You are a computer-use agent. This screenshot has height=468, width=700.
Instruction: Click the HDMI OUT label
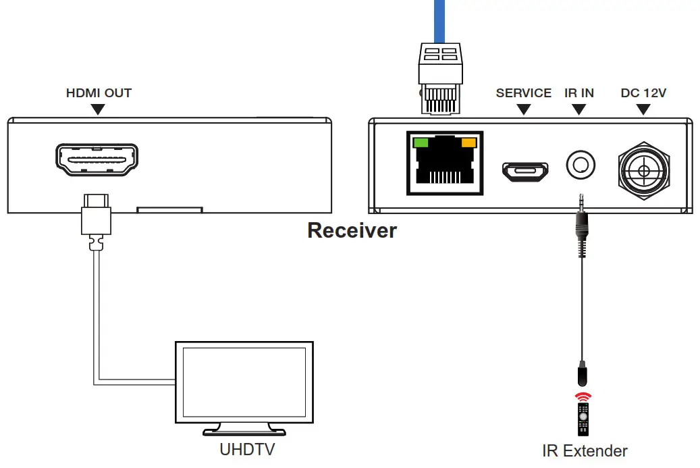[99, 93]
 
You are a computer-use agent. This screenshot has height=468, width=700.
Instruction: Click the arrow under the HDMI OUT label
[99, 109]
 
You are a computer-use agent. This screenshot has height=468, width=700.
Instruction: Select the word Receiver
[352, 230]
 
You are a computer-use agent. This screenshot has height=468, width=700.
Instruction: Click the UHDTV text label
[247, 449]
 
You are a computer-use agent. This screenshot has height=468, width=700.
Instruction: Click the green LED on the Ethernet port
[421, 143]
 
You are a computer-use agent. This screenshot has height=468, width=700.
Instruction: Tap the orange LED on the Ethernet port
[468, 143]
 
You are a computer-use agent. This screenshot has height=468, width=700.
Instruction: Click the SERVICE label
[523, 93]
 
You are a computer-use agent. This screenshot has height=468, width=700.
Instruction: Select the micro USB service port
[524, 171]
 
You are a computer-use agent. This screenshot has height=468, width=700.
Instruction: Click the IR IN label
[579, 93]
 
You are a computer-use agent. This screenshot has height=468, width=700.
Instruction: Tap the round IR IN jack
[580, 164]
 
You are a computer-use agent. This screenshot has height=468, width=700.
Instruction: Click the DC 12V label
[643, 93]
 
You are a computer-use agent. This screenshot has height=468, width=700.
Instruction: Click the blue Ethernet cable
[439, 20]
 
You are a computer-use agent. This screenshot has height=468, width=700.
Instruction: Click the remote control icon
[583, 419]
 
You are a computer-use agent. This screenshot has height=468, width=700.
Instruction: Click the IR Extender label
[585, 450]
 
